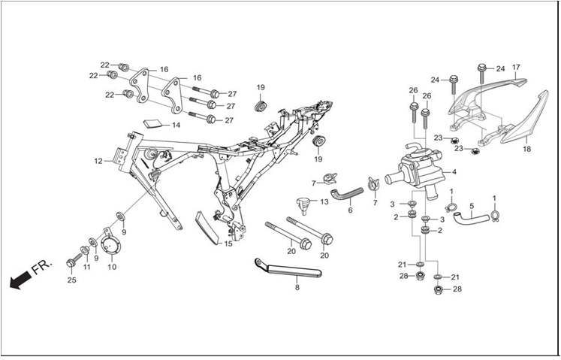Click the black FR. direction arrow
[x=20, y=280]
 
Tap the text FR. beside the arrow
[x=42, y=267]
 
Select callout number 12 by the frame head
[x=98, y=161]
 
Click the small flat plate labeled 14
[x=152, y=123]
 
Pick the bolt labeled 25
[x=74, y=261]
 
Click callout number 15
[x=228, y=244]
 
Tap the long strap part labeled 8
[x=288, y=268]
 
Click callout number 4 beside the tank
[x=454, y=172]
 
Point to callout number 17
[x=516, y=68]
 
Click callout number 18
[x=526, y=149]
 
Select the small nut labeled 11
[x=85, y=250]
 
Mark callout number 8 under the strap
[x=297, y=287]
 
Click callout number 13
[x=324, y=202]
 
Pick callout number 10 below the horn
[x=112, y=267]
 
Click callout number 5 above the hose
[x=472, y=207]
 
